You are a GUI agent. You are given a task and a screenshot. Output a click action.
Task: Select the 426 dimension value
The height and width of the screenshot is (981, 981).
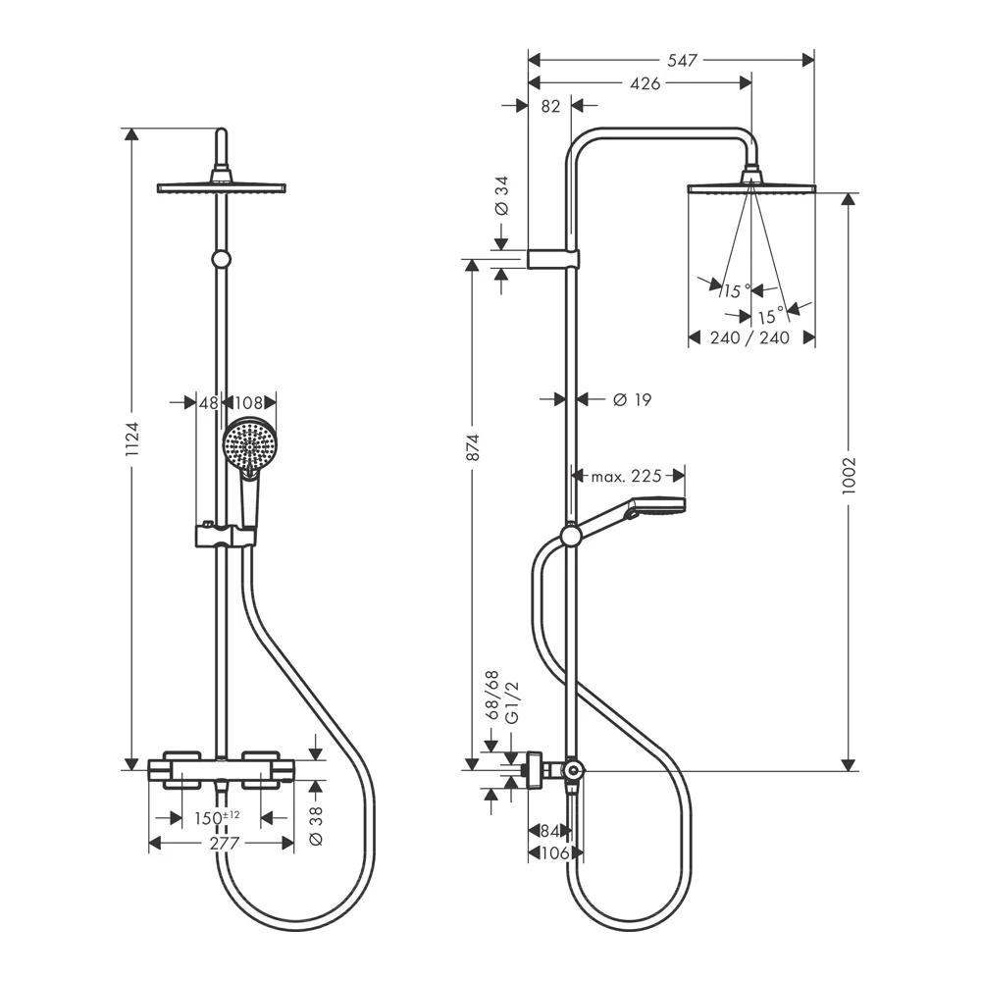pos(644,83)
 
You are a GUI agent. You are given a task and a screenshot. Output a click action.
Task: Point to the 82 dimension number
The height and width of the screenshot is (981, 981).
pos(550,107)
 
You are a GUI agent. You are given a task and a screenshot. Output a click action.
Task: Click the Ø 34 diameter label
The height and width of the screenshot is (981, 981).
pos(501,195)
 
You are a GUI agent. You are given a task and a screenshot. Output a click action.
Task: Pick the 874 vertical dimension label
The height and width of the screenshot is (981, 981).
pos(472,448)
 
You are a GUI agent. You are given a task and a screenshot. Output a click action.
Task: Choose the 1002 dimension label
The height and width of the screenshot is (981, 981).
pos(850,476)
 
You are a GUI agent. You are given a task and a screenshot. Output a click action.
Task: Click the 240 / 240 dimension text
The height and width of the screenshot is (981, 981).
pos(750,337)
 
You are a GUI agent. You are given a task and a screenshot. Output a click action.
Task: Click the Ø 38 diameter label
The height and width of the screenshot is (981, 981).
pos(315,826)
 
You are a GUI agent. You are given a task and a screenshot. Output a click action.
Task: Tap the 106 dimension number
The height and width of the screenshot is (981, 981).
pos(555,853)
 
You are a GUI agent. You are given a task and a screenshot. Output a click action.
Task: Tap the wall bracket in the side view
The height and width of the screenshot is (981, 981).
pos(553,259)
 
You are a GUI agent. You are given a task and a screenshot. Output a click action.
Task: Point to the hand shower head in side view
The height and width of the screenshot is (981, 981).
pos(658,508)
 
